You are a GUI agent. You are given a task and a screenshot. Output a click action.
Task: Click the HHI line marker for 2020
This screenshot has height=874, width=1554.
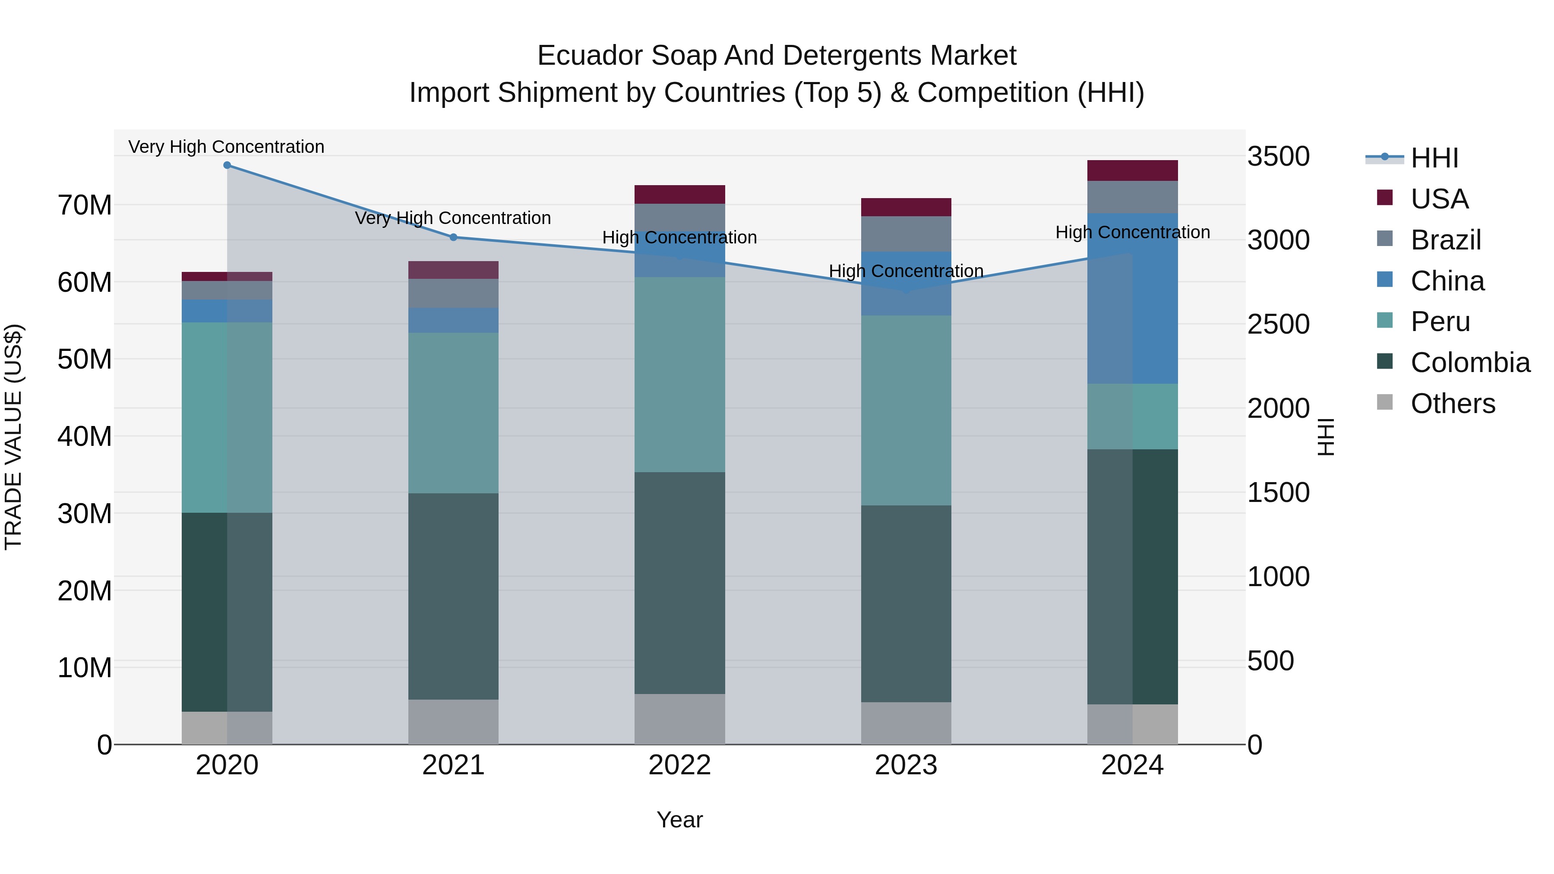(227, 165)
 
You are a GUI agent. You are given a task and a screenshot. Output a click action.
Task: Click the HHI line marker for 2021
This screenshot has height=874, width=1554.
(454, 237)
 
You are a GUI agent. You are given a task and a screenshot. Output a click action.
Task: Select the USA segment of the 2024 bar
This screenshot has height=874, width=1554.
(1132, 170)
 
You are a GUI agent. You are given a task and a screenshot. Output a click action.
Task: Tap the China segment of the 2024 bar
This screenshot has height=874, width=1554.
(1132, 299)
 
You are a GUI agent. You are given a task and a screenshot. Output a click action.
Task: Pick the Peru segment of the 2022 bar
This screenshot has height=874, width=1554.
(680, 375)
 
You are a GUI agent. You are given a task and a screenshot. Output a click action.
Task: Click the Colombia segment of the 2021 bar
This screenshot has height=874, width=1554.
(454, 596)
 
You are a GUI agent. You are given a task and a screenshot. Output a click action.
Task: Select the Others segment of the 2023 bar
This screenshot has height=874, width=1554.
(906, 723)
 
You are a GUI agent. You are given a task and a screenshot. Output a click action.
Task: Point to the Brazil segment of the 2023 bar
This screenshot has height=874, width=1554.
(906, 233)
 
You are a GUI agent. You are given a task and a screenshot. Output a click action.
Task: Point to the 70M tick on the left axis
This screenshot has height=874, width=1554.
(85, 206)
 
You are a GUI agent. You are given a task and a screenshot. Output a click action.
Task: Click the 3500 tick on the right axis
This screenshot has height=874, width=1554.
(1278, 156)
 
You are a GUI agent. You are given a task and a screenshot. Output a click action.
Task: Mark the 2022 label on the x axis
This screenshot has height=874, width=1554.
(680, 765)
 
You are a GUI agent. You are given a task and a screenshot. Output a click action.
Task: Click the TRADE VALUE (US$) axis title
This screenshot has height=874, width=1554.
(13, 437)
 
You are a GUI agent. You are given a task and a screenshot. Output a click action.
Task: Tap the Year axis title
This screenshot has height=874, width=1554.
(680, 820)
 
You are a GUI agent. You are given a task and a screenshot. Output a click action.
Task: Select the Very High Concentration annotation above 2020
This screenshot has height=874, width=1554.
(226, 147)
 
